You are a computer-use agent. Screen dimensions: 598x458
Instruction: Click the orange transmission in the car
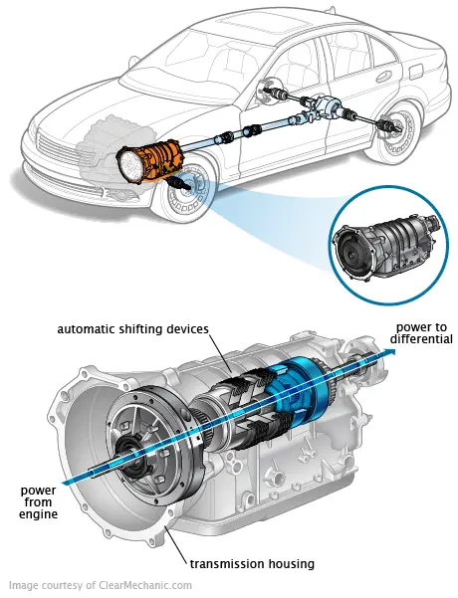tap(149, 159)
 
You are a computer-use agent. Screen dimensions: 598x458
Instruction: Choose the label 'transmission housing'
tap(254, 564)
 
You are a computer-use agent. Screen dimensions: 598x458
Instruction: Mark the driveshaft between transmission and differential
tap(249, 132)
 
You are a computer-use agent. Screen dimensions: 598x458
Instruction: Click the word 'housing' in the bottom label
tap(288, 564)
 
